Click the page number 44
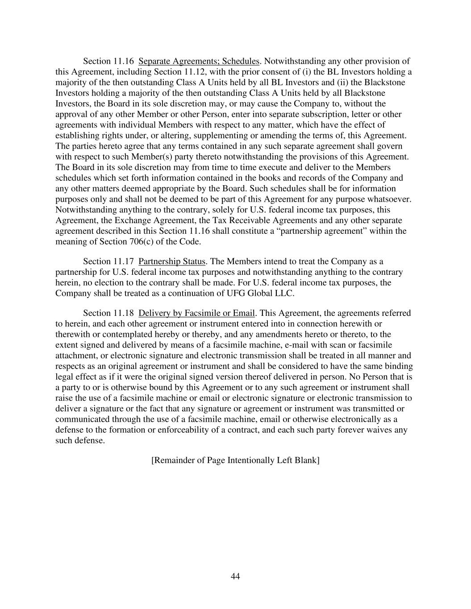pos(235,576)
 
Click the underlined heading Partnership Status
pos(171,261)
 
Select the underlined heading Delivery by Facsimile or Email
pos(196,313)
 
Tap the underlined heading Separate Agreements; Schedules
pos(199,61)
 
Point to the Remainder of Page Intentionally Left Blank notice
pos(235,460)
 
